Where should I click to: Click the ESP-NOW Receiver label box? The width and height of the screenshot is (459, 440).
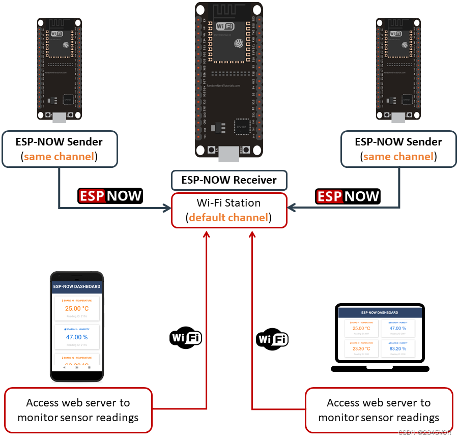(229, 180)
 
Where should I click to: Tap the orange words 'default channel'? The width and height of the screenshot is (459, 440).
(228, 218)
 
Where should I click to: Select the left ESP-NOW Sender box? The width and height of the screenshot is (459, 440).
(60, 149)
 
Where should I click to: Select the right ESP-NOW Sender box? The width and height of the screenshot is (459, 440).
(398, 149)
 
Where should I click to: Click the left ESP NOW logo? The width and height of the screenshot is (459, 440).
(110, 196)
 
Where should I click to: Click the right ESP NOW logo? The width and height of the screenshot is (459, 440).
(348, 196)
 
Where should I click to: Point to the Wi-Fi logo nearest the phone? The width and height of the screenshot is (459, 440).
(185, 337)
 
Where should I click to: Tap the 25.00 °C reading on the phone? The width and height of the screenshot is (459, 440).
(77, 308)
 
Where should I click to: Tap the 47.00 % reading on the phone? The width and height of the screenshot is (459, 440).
(77, 337)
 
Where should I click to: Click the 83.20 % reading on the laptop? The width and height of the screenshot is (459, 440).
(397, 349)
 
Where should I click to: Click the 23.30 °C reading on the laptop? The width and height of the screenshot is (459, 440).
(361, 349)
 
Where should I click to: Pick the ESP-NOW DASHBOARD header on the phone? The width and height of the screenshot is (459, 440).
(77, 286)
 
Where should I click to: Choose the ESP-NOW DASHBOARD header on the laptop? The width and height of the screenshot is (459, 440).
(380, 312)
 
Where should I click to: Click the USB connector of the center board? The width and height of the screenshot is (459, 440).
(228, 154)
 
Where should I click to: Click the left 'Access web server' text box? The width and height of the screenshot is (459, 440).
(78, 410)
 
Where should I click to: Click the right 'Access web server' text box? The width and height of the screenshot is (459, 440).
(379, 410)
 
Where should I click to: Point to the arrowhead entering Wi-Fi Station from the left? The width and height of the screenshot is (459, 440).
(167, 208)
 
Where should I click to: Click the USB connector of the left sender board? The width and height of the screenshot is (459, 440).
(60, 118)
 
